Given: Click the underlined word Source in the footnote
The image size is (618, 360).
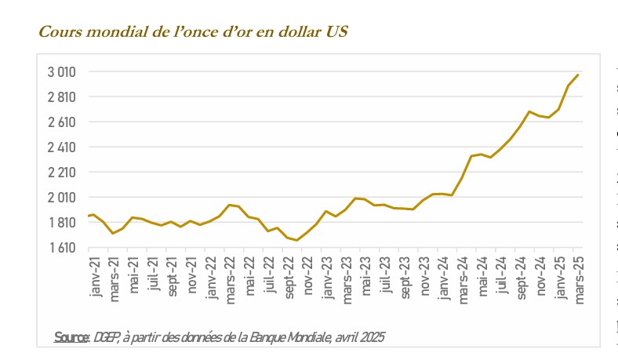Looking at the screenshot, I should [71, 337].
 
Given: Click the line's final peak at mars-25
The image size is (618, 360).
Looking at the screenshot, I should [578, 75].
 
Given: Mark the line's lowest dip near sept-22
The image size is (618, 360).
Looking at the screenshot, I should [296, 240].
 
